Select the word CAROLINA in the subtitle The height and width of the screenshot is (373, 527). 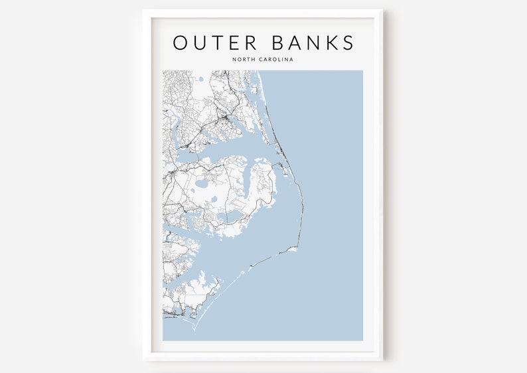point(277,60)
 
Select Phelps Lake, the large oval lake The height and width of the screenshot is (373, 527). point(200,183)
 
